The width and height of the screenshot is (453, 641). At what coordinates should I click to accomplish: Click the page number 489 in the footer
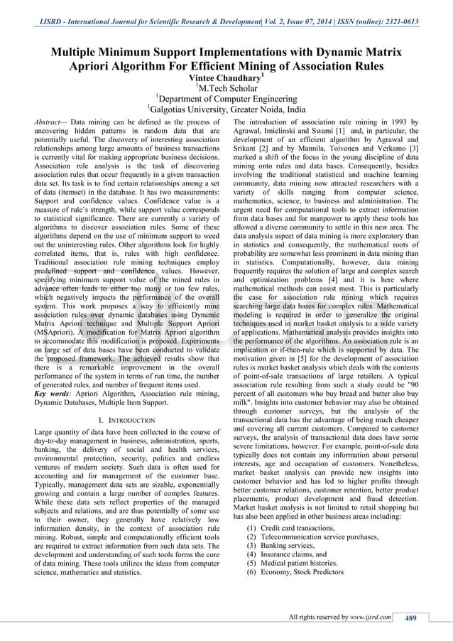pyautogui.click(x=410, y=618)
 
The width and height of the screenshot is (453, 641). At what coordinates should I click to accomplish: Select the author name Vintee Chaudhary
pyautogui.click(x=226, y=77)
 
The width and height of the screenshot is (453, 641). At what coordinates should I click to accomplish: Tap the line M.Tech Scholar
pyautogui.click(x=226, y=88)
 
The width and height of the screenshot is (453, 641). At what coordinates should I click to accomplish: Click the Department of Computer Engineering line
pyautogui.click(x=226, y=99)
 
